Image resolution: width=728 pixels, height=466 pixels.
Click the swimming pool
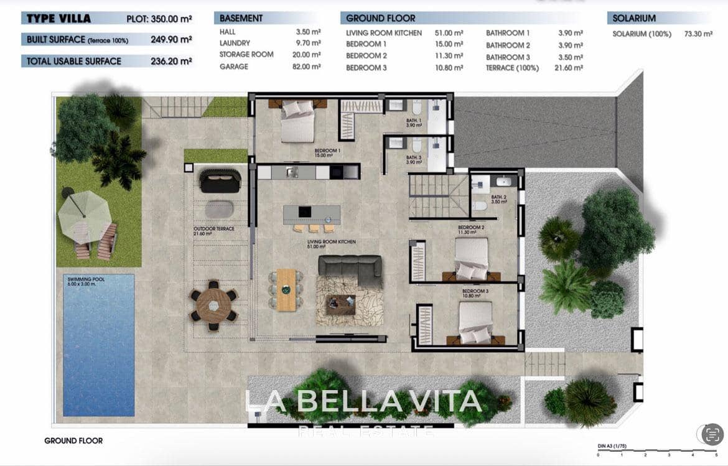[98, 344]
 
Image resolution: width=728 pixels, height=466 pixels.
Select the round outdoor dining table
[213, 305]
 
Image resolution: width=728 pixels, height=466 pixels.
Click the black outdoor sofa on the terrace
[220, 180]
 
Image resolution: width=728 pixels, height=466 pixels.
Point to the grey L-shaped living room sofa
[350, 268]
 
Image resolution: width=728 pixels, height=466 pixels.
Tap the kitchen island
[312, 214]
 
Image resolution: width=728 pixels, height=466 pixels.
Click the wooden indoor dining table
[286, 289]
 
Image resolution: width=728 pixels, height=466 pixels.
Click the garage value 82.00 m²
[308, 67]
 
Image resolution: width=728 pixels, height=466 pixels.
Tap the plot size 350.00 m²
[171, 19]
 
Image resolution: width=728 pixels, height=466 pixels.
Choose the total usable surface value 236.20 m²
[171, 61]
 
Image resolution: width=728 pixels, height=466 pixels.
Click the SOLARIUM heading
[634, 19]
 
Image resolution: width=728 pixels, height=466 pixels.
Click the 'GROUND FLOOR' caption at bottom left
[73, 440]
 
